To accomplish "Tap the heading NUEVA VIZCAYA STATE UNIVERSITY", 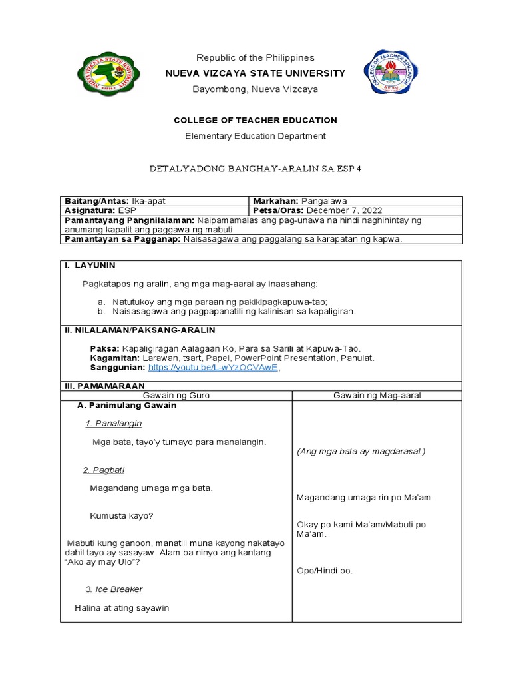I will click(x=255, y=73).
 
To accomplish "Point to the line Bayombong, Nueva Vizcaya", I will click(x=255, y=89).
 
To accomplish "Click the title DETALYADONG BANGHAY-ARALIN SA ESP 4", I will click(x=255, y=169).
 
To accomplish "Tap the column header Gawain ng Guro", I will click(x=176, y=396).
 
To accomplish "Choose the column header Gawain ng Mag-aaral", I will click(x=377, y=396).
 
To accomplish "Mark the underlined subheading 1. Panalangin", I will click(x=113, y=424).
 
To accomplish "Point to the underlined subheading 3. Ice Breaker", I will click(x=114, y=589).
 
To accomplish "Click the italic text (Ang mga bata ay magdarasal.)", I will click(x=361, y=452).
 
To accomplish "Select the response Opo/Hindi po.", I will click(x=325, y=571).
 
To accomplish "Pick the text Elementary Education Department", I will click(x=255, y=136).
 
